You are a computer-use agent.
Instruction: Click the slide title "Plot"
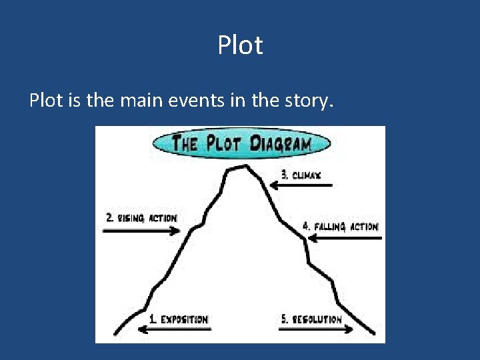[240, 46]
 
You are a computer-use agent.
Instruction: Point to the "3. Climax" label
[301, 175]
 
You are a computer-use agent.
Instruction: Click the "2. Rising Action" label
[141, 218]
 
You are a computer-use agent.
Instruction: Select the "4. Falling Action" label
[341, 227]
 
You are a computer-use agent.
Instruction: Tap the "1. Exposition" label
[178, 319]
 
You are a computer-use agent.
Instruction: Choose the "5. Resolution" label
[311, 319]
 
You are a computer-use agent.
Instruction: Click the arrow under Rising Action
[141, 231]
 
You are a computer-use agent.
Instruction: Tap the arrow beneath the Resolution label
[308, 329]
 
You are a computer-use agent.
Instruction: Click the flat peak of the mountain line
[239, 168]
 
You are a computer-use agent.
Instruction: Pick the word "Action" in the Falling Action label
[364, 227]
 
